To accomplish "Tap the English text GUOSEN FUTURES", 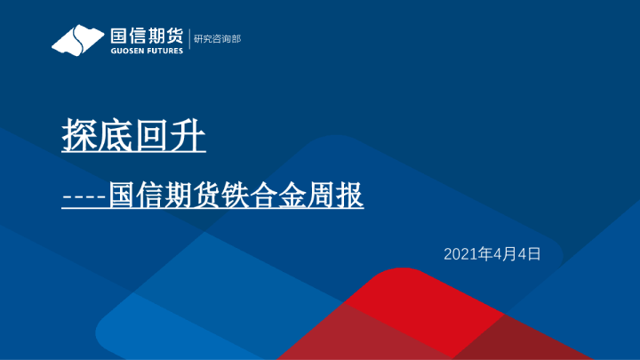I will (146, 51).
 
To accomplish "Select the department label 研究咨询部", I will (217, 39).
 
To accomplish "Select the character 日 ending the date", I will (535, 254).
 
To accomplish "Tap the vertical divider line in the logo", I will (188, 40).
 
